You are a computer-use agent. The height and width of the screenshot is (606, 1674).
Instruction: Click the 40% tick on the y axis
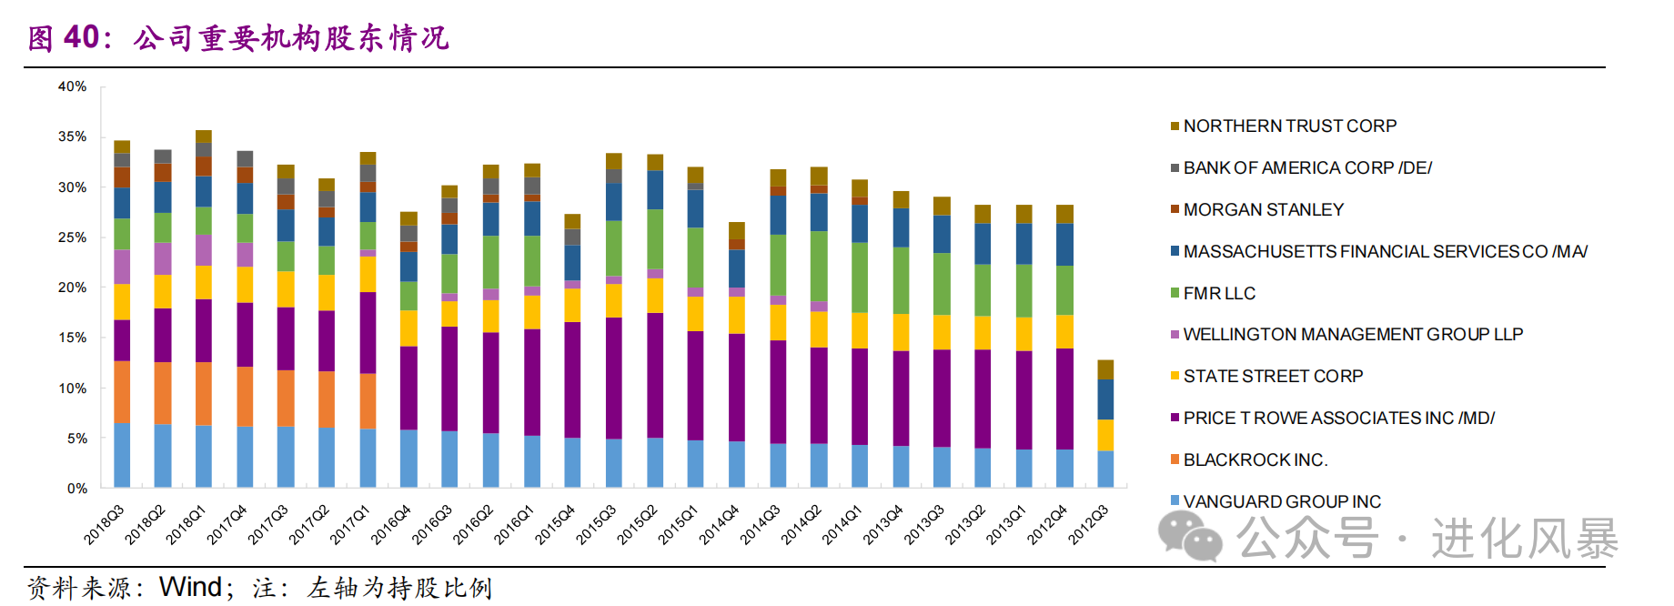[x=72, y=86]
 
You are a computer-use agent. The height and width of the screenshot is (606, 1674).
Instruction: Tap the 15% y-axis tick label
[x=72, y=338]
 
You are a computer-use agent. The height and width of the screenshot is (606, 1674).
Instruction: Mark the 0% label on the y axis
[x=76, y=489]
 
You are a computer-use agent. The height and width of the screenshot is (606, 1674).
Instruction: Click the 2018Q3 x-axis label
[x=105, y=524]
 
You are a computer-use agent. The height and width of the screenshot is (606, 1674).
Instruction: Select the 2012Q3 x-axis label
[x=1089, y=524]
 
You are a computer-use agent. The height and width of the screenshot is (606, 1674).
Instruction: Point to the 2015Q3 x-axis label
[x=597, y=524]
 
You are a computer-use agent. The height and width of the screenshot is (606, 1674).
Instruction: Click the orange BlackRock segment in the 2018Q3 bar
[x=122, y=392]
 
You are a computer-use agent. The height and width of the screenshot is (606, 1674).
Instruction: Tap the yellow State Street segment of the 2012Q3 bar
[x=1105, y=435]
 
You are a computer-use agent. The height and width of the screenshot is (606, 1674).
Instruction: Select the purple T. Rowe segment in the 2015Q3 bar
[x=614, y=378]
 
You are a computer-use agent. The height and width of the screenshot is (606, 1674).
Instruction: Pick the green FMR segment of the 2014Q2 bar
[x=819, y=266]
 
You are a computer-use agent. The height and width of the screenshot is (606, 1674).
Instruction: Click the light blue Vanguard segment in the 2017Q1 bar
[x=368, y=458]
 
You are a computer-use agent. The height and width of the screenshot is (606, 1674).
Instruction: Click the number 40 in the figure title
[x=81, y=37]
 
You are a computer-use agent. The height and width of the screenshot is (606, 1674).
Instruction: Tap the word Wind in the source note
[x=190, y=587]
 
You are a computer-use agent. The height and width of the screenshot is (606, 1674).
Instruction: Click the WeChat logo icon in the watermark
[x=1189, y=536]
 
